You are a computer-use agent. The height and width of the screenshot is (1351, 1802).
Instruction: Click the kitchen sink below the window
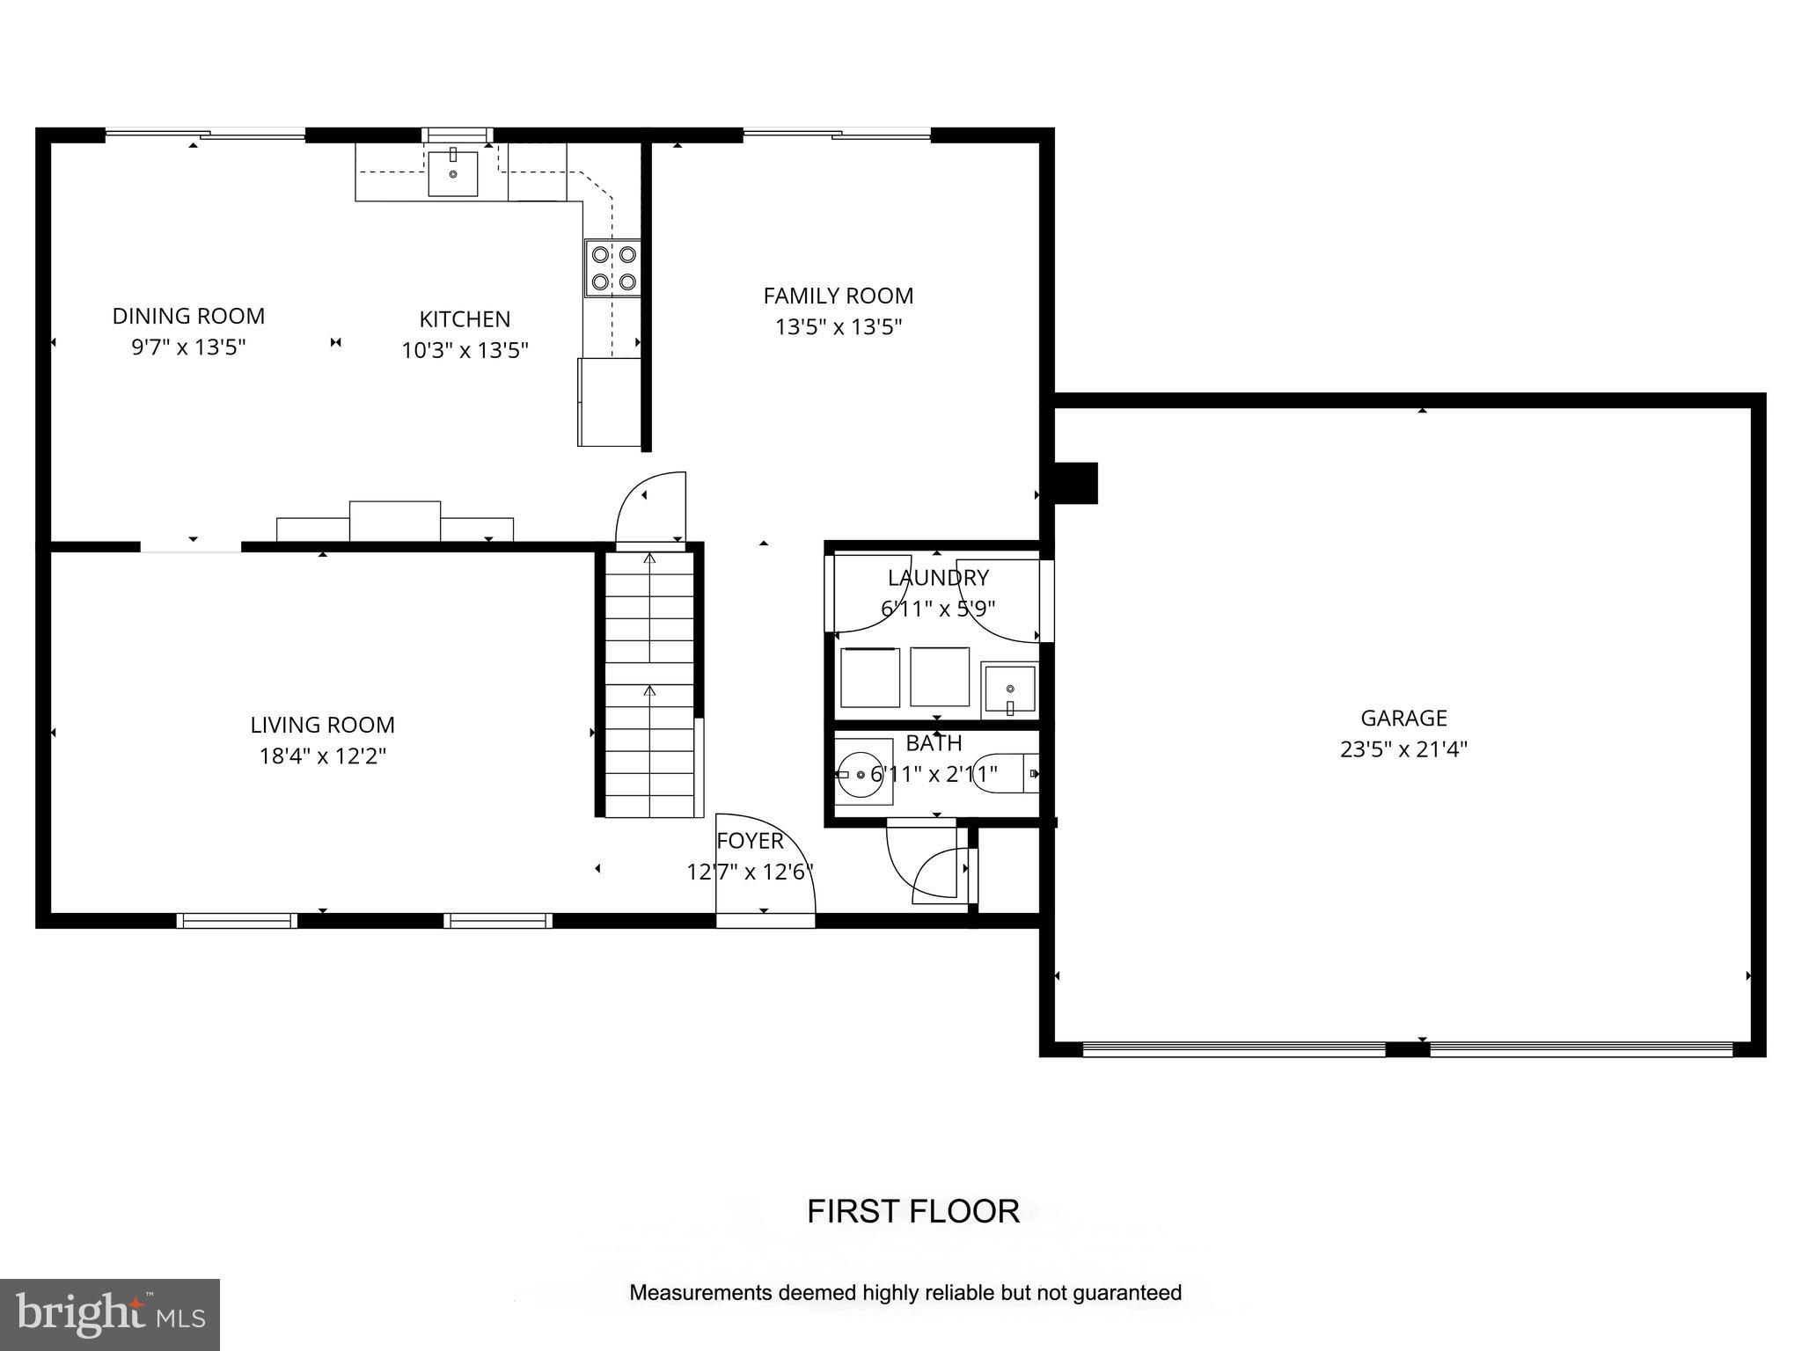coord(453,173)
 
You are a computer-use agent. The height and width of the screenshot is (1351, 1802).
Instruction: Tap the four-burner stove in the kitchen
coord(613,268)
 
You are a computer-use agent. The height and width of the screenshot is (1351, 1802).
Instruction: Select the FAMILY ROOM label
coord(838,296)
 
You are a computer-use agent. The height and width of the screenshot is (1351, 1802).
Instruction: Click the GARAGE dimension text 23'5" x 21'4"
coord(1403,749)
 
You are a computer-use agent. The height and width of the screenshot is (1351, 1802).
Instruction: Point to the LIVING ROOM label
coord(322,725)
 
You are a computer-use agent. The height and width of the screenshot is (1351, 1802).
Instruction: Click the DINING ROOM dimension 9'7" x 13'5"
coord(188,347)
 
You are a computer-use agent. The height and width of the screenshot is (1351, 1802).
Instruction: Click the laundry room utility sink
coord(1009,690)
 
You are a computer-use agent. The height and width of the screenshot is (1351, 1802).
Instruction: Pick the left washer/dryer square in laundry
coord(869,677)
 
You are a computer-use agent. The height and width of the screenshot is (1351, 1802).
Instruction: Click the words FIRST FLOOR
coord(913,1211)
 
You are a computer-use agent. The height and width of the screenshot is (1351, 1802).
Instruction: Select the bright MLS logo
coord(110,1314)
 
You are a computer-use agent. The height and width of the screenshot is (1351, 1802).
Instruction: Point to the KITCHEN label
coord(465,318)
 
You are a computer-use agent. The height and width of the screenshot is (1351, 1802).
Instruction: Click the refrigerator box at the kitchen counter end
coord(608,402)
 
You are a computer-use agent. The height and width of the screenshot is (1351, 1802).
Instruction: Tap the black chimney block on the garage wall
coord(1075,483)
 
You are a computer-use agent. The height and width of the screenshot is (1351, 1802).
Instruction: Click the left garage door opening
coord(1234,1048)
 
